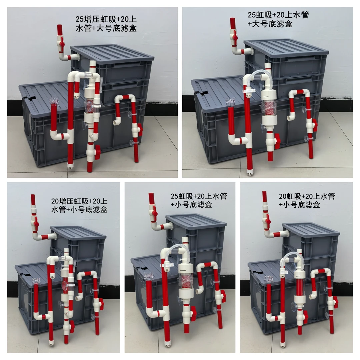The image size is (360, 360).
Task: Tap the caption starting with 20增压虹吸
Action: click(x=79, y=205)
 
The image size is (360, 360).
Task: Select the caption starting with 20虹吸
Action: click(x=307, y=200)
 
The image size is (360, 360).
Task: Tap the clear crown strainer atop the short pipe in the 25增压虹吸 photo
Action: click(x=53, y=100)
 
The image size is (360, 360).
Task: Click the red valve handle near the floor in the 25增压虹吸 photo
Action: click(x=97, y=152)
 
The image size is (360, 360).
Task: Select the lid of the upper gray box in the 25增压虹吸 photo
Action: click(x=112, y=53)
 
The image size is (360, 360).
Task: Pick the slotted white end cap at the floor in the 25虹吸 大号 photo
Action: click(x=250, y=172)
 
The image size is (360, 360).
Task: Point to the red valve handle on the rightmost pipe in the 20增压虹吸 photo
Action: click(x=101, y=303)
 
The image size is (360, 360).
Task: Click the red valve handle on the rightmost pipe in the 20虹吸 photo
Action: click(x=336, y=302)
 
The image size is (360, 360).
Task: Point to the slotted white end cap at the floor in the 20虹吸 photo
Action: click(x=283, y=344)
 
